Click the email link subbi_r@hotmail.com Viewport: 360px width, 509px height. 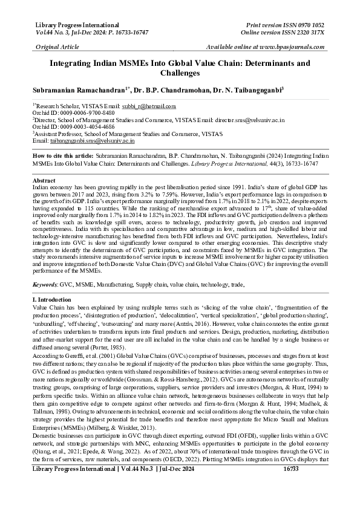[x=159, y=106]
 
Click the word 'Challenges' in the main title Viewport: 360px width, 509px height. [x=179, y=73]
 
